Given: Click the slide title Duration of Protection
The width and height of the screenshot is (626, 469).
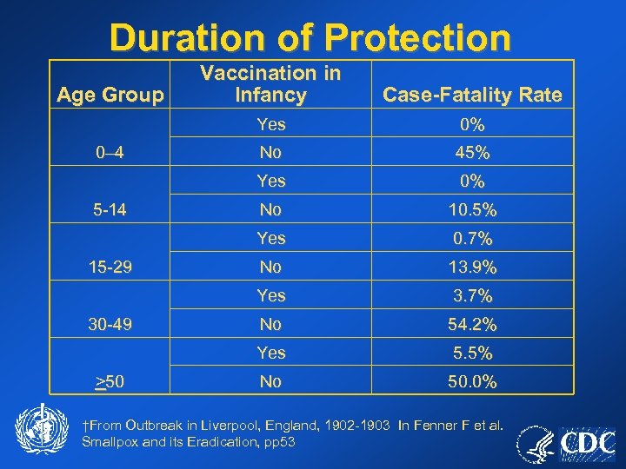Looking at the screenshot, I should click(x=310, y=38).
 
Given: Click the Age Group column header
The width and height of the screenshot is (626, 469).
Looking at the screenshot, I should click(x=110, y=95).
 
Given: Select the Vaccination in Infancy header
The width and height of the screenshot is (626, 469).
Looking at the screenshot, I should click(x=270, y=84).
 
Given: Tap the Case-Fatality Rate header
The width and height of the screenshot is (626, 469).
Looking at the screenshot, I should click(x=472, y=95).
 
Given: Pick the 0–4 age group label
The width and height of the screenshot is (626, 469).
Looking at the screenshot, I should click(x=110, y=153).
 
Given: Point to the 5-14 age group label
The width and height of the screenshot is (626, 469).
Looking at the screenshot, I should click(x=110, y=209).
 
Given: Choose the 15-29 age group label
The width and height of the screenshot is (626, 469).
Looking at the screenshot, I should click(x=110, y=267).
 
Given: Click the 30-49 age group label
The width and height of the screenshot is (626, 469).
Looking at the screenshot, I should click(x=110, y=324).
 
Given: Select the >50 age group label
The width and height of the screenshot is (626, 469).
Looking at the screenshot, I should click(x=110, y=381).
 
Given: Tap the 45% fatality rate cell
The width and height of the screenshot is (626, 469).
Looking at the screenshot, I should click(x=472, y=153).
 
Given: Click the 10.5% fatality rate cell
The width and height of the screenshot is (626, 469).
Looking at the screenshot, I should click(x=472, y=209).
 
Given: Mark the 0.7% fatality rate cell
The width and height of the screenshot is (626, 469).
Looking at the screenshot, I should click(x=472, y=238).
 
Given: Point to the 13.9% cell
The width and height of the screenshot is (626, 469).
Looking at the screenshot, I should click(x=472, y=267).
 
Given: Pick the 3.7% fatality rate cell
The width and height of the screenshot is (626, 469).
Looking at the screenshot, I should click(x=472, y=295).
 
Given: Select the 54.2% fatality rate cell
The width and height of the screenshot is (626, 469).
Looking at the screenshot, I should click(x=472, y=324).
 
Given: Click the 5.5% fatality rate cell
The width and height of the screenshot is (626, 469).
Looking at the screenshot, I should click(x=472, y=353).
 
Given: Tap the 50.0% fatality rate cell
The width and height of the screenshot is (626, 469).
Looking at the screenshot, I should click(x=472, y=381).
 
